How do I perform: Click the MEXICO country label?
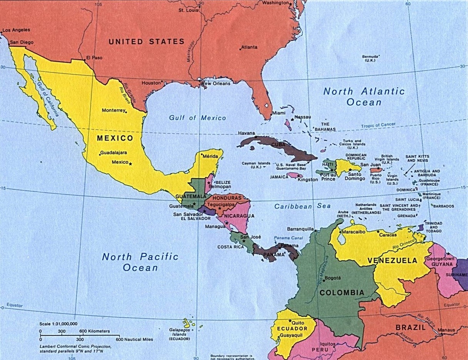(x=115, y=138)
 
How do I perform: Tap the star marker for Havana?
(x=256, y=137)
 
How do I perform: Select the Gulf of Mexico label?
(x=197, y=118)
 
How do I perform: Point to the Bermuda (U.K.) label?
(x=370, y=59)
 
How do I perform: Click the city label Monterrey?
(x=114, y=111)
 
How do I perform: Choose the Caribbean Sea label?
(x=302, y=206)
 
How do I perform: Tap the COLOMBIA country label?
(x=342, y=293)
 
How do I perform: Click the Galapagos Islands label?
(x=179, y=334)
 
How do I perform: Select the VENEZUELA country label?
(x=392, y=261)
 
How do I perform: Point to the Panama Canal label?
(x=286, y=238)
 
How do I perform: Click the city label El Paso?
(x=94, y=58)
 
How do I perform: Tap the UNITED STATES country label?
(x=146, y=42)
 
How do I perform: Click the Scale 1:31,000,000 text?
(x=58, y=324)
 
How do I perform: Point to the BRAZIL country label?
(x=411, y=328)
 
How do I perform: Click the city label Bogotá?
(x=333, y=278)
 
